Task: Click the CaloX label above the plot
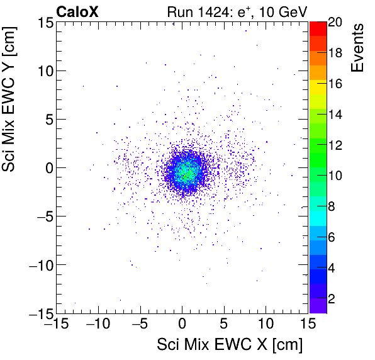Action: [78, 11]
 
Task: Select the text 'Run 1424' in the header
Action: [189, 11]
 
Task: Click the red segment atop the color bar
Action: [318, 28]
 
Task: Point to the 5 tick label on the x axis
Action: [223, 323]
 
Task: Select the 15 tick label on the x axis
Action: [307, 323]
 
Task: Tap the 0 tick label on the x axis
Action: [182, 323]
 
